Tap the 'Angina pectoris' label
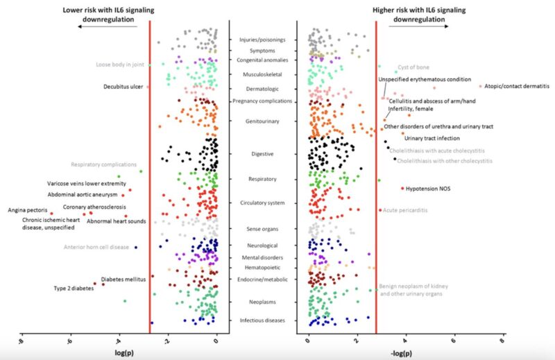tap(27, 209)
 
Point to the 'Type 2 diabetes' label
tap(74, 289)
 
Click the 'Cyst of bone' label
tap(416, 67)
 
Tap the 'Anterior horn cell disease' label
tap(96, 247)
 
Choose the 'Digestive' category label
tap(262, 153)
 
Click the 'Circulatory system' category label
tap(262, 203)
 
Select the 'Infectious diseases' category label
tap(262, 320)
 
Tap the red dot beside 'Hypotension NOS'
tap(402, 188)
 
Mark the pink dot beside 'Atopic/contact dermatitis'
tap(480, 86)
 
